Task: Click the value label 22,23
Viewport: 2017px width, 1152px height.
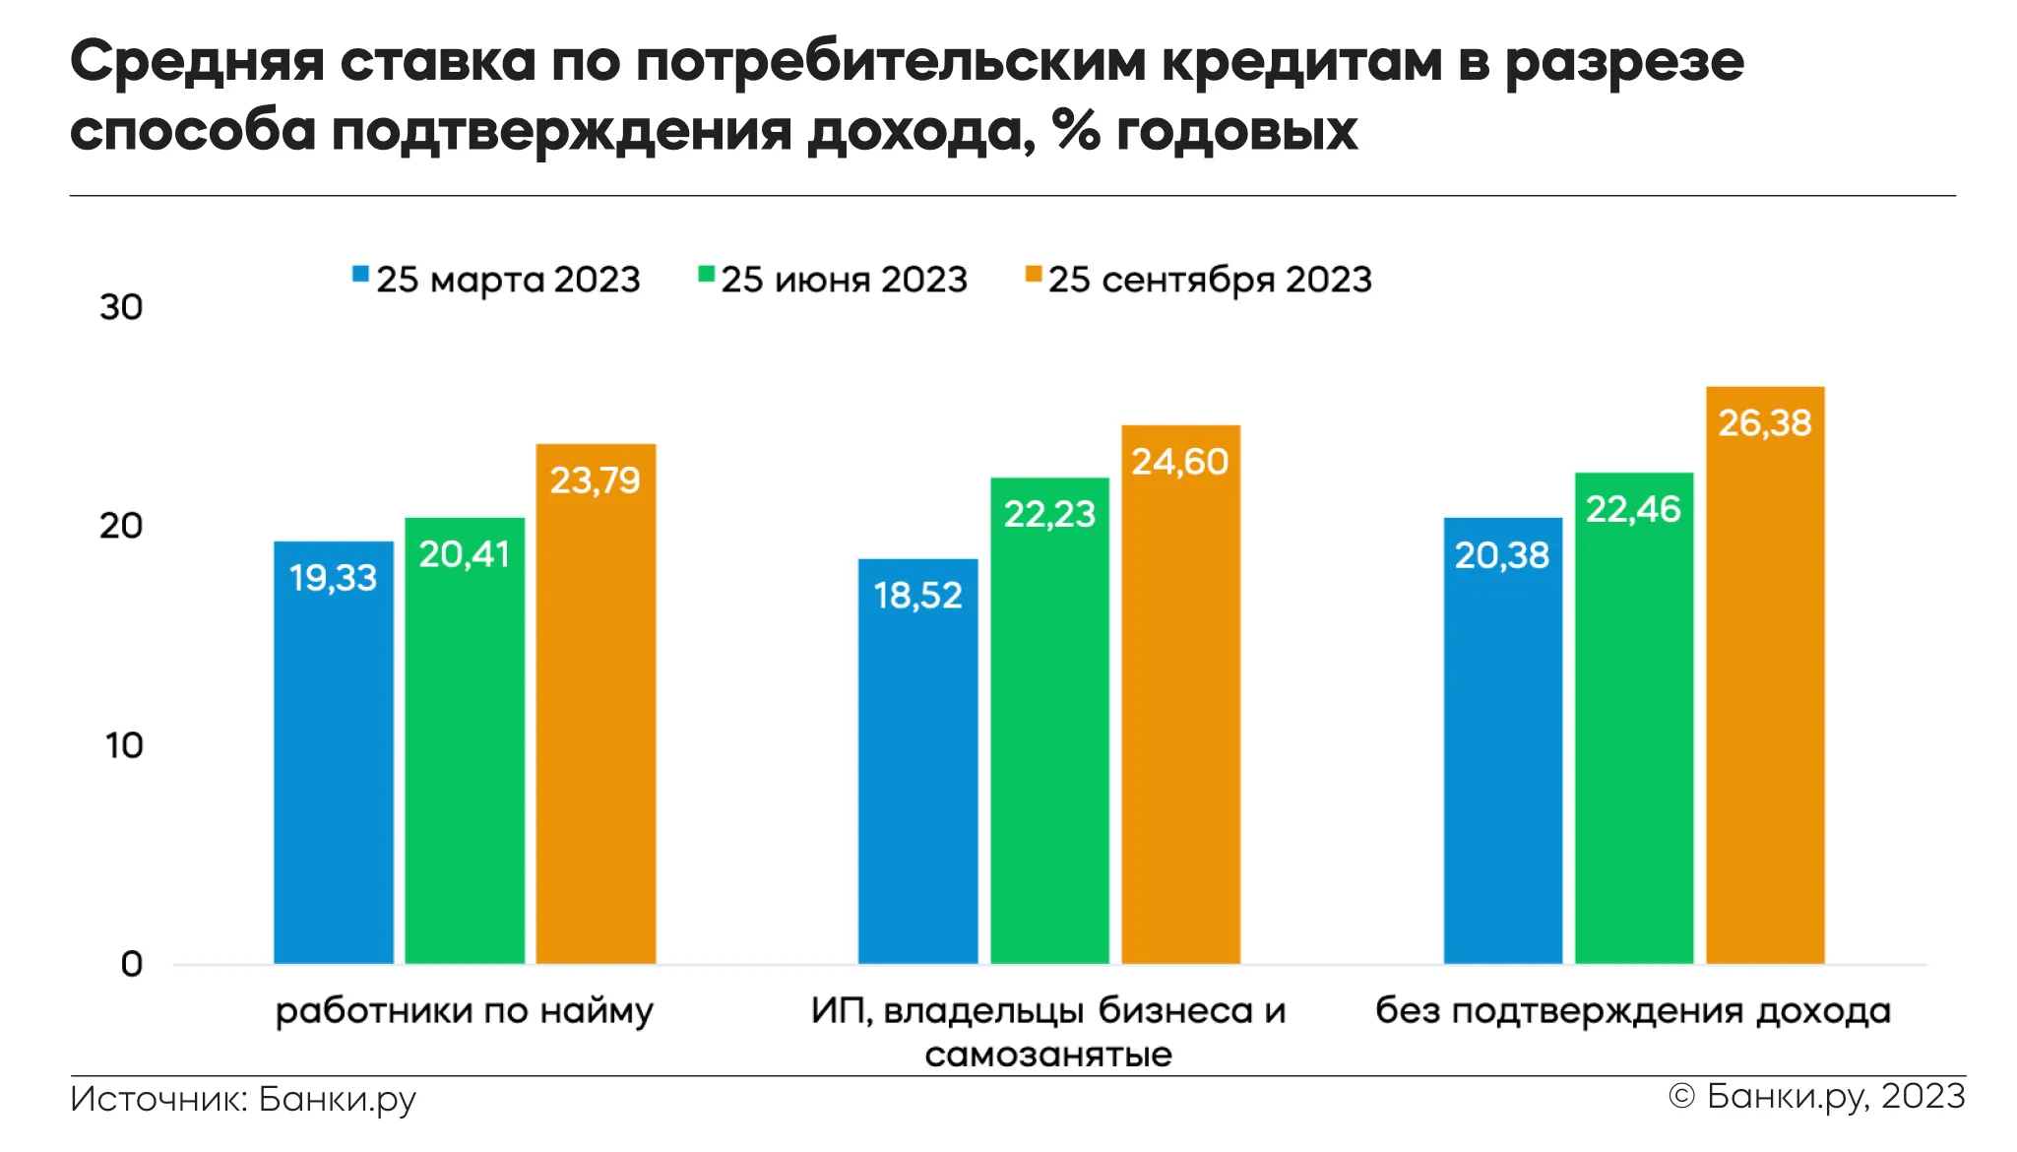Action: pos(1049,514)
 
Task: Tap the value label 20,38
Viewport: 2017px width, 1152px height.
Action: pos(1502,555)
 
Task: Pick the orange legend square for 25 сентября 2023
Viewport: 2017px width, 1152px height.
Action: pos(1033,274)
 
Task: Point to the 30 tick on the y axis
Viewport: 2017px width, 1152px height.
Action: pos(121,307)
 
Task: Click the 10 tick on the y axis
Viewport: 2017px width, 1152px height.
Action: pos(124,745)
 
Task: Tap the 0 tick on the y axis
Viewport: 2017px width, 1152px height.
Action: pos(132,964)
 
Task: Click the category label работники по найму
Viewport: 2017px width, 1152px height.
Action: pos(464,1011)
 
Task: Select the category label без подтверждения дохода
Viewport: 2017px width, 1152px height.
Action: pos(1633,1011)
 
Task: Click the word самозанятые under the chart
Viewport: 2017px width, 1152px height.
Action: pos(1048,1055)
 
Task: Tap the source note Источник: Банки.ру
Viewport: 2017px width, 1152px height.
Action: pos(243,1099)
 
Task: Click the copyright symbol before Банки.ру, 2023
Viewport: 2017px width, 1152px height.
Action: pos(1682,1096)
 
